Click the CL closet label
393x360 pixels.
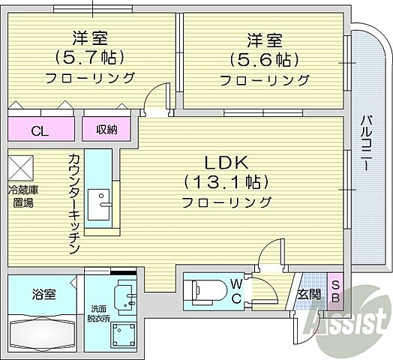point(39,130)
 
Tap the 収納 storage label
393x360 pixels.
point(106,130)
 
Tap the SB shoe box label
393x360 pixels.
point(335,292)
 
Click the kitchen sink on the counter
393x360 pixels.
point(98,203)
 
